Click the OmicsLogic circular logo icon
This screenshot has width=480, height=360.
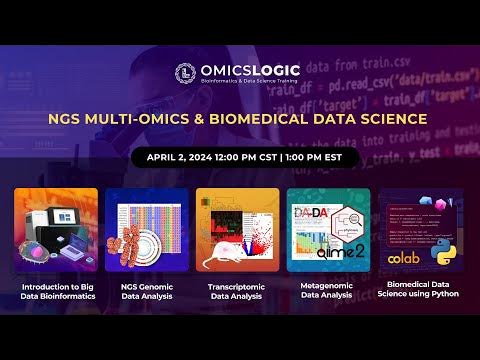point(184,73)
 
